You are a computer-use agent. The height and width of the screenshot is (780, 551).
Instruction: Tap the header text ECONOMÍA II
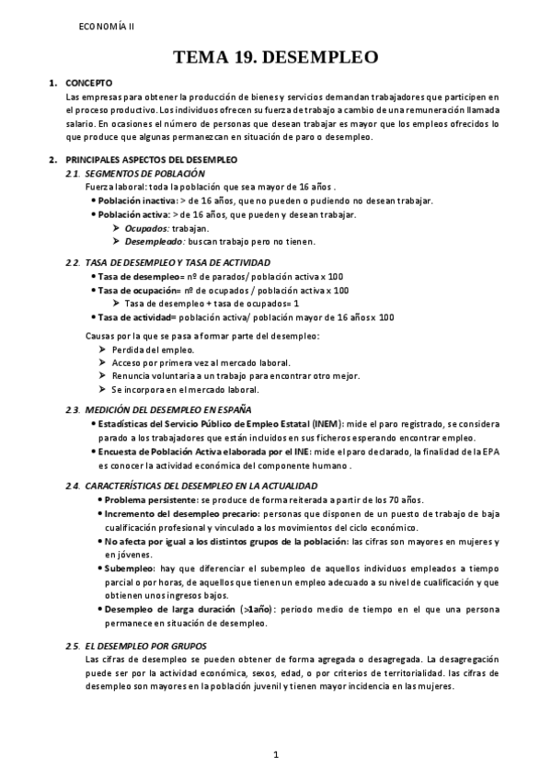pyautogui.click(x=106, y=27)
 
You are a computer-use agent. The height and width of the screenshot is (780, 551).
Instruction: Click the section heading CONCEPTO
pyautogui.click(x=90, y=84)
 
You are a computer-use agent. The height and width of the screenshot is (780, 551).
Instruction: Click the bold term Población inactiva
pyautogui.click(x=138, y=201)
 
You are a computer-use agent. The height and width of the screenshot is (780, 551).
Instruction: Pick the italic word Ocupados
pyautogui.click(x=146, y=227)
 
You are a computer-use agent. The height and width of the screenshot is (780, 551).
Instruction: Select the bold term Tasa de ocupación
pyautogui.click(x=139, y=290)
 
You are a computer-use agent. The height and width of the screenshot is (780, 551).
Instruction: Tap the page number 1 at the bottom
pyautogui.click(x=275, y=755)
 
